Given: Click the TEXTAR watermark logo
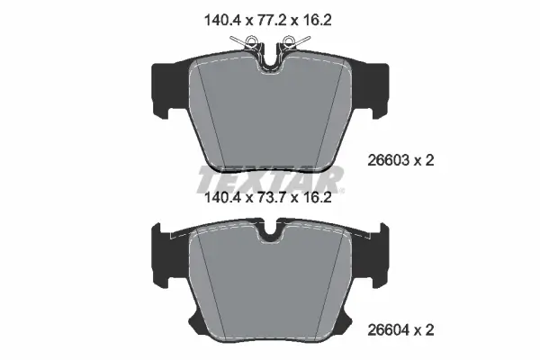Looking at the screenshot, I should point(270,176).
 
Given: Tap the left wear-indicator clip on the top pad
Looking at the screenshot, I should point(249,40).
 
